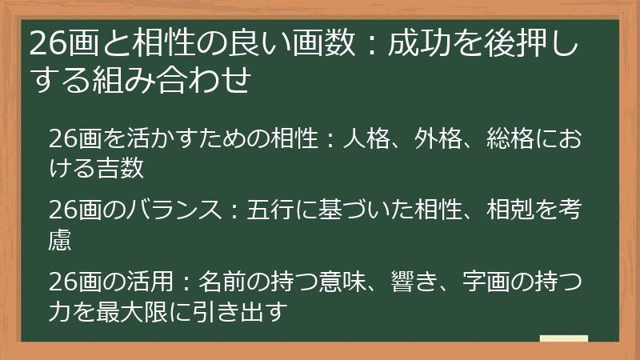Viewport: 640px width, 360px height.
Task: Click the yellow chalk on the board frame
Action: pos(563,339)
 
